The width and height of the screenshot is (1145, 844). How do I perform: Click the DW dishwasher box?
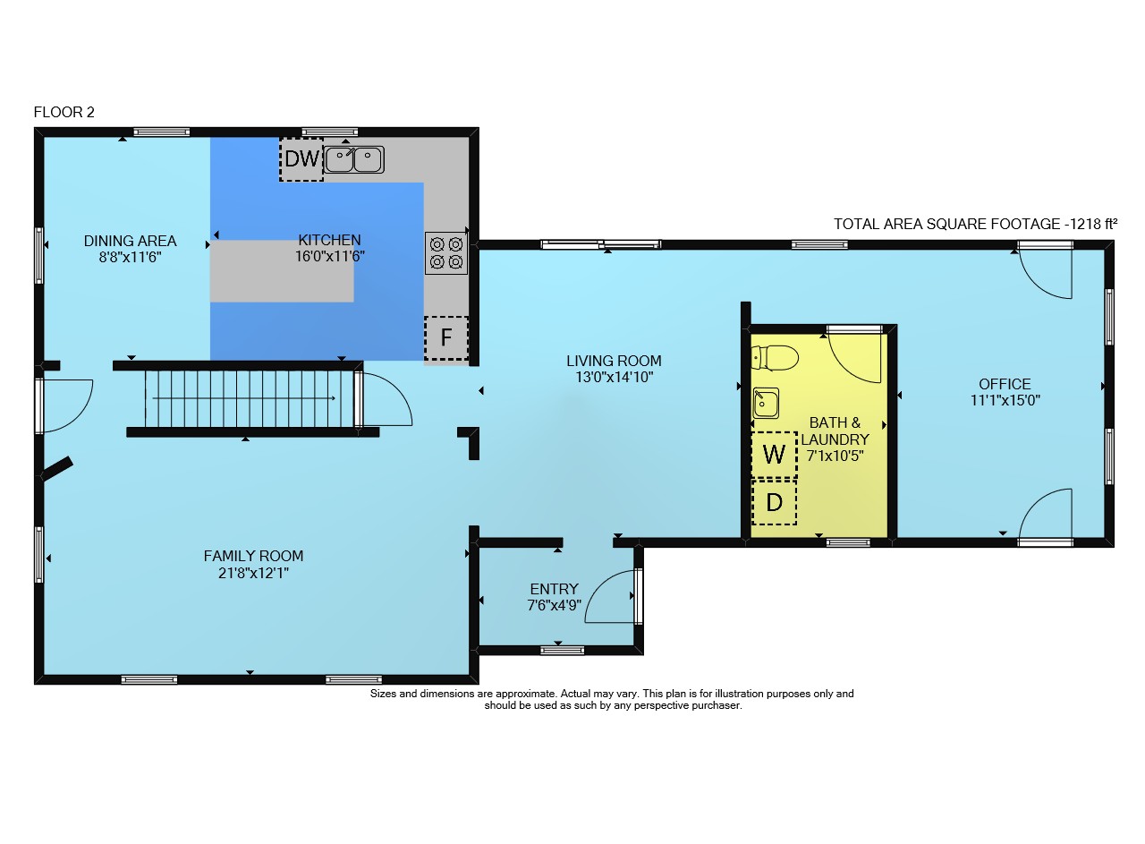click(x=301, y=159)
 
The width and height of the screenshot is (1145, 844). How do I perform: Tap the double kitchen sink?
click(x=354, y=159)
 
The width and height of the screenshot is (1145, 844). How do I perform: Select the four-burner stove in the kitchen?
click(x=446, y=253)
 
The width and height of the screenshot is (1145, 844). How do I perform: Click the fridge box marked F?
click(x=446, y=337)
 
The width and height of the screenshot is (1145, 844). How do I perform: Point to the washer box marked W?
click(x=774, y=455)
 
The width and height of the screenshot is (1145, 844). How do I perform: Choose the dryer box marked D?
click(x=774, y=502)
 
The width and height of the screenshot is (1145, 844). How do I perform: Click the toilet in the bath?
click(x=775, y=358)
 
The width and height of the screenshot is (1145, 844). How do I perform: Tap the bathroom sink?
click(x=766, y=403)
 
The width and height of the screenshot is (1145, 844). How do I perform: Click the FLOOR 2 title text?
click(x=64, y=112)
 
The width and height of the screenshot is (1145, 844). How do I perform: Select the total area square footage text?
click(x=975, y=224)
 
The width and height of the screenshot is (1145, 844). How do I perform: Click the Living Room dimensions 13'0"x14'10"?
click(x=615, y=377)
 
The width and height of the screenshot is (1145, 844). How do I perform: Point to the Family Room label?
click(x=253, y=556)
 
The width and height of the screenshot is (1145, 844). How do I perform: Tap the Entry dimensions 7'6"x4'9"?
click(x=554, y=605)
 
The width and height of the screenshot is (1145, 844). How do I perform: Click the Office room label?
click(x=1005, y=384)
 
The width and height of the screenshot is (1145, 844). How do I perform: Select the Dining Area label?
click(x=131, y=241)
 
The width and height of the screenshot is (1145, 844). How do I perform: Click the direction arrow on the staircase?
click(x=244, y=398)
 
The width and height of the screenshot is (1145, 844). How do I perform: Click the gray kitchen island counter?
click(x=282, y=271)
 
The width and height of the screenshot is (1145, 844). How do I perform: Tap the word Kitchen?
click(x=330, y=240)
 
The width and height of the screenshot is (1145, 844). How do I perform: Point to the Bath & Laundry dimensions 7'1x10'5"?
click(x=835, y=456)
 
